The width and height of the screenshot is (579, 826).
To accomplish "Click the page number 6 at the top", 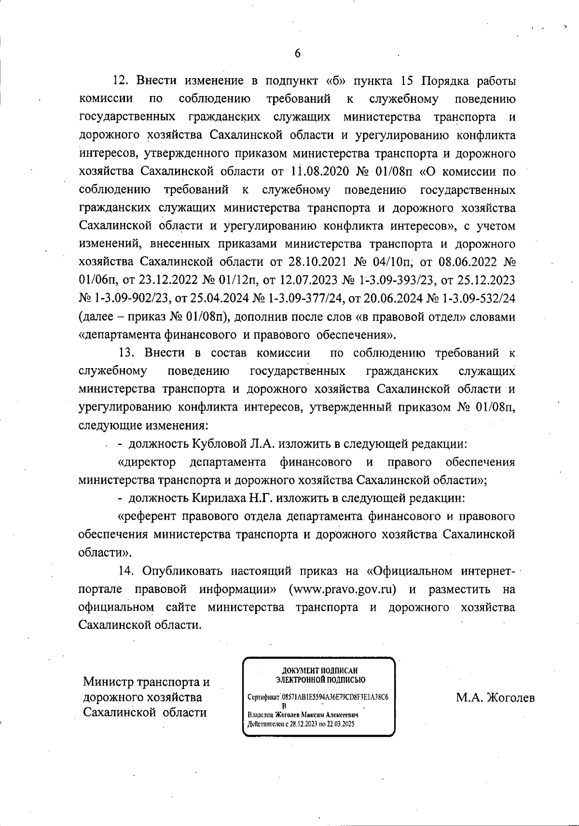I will coord(297,54).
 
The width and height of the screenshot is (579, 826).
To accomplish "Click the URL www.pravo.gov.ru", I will coord(342,590).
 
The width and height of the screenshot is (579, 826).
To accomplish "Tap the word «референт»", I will coord(148,517).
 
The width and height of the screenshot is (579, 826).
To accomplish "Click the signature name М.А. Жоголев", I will coord(495,698).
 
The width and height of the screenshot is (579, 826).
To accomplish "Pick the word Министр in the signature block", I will coord(109,682).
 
